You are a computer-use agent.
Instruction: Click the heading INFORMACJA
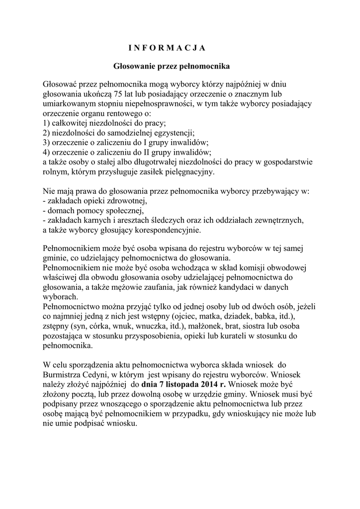163,48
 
